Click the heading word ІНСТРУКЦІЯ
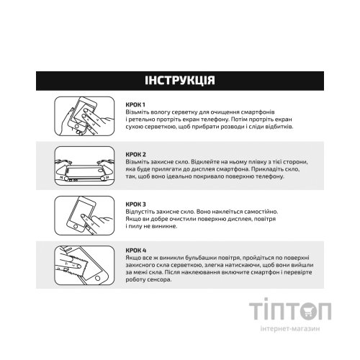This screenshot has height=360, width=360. [179, 78]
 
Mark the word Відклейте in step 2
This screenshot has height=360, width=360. [195, 163]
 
